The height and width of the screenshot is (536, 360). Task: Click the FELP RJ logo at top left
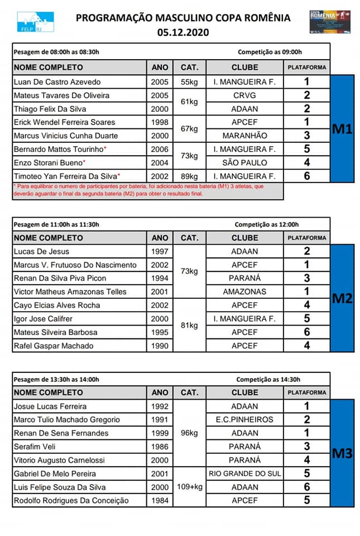pos(35,22)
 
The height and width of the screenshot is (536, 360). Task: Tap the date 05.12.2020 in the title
pos(183,32)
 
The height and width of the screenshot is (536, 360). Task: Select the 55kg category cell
pos(189,82)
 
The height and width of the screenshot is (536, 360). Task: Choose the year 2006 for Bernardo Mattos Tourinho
pos(160,149)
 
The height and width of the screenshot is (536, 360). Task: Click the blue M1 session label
pos(342,130)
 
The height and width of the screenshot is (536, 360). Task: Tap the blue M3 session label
pos(342,453)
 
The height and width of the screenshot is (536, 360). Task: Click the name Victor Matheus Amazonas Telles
pos(70,291)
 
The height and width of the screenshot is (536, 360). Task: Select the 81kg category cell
pos(189,326)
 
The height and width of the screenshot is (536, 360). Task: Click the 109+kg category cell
pos(189,487)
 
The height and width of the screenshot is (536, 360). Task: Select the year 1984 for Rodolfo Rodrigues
pos(160,500)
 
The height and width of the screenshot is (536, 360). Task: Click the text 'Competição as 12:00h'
pos(267,224)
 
